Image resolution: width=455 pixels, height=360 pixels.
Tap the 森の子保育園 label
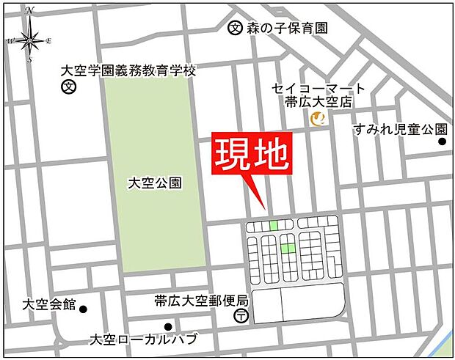(x=286, y=29)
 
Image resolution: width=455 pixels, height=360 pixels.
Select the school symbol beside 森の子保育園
(x=235, y=29)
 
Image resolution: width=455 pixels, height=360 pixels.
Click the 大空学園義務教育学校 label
(x=129, y=71)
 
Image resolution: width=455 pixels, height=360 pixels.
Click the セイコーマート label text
(x=318, y=88)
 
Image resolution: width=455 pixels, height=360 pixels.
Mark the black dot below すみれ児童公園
(x=443, y=141)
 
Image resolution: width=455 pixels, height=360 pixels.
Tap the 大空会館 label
(x=49, y=304)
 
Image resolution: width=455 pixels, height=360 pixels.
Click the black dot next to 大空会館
(x=83, y=308)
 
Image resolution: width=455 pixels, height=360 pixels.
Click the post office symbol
(x=241, y=316)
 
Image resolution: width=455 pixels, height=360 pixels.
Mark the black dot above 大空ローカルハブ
(x=168, y=326)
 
